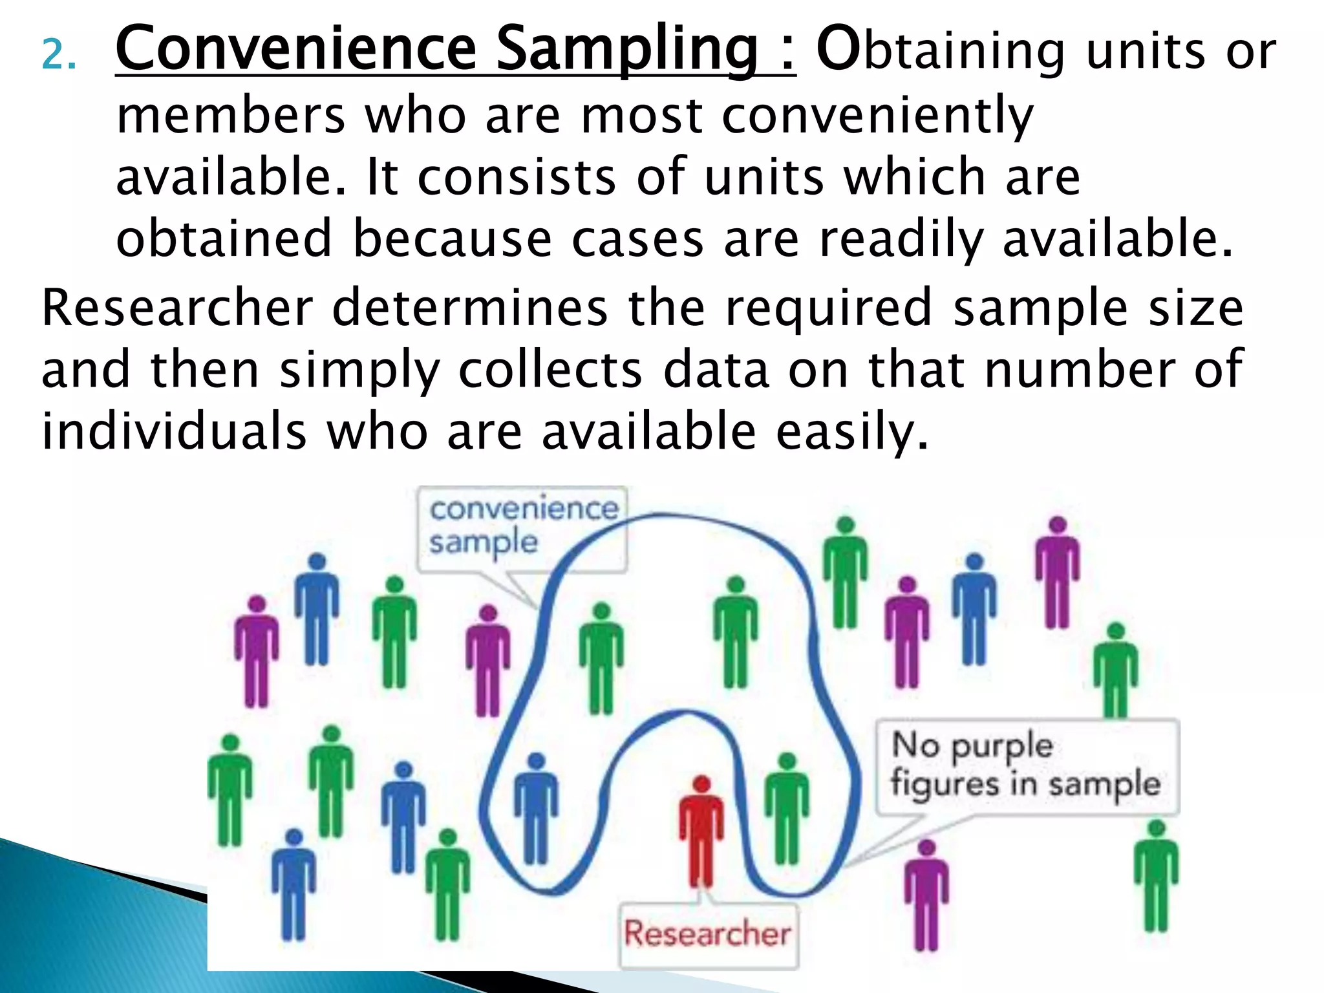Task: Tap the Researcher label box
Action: pos(708,934)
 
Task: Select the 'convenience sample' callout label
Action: pos(522,527)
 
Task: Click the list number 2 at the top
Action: pos(58,56)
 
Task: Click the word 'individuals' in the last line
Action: pos(174,432)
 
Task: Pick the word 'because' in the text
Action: pos(452,239)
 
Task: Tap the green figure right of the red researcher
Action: pos(786,808)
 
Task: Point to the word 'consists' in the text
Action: pos(517,177)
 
